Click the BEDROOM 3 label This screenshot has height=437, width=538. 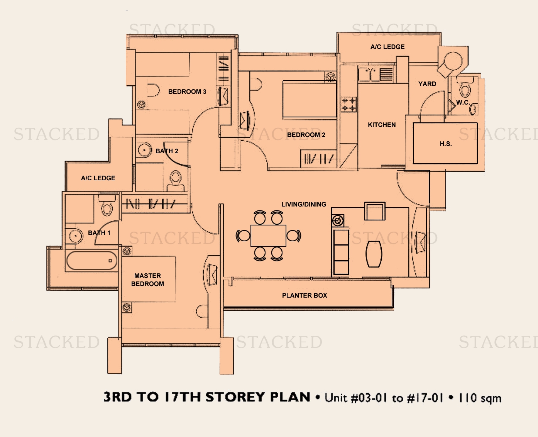click(187, 91)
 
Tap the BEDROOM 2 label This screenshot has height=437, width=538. click(306, 135)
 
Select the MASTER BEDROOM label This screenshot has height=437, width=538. click(147, 279)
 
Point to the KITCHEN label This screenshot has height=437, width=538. click(382, 125)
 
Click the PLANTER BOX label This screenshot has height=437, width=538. click(305, 295)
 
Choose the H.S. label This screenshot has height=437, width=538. click(445, 144)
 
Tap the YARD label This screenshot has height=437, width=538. click(427, 84)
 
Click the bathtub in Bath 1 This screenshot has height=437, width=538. click(92, 261)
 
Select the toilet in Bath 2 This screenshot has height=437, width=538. click(176, 181)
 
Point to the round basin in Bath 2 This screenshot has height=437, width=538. click(144, 150)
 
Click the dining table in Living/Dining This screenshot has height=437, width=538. click(268, 235)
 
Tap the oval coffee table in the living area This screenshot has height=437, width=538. click(374, 254)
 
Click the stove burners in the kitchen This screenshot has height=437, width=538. click(349, 104)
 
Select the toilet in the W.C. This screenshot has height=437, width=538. click(464, 88)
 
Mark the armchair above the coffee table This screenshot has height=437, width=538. click(375, 211)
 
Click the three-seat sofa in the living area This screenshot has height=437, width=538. click(341, 252)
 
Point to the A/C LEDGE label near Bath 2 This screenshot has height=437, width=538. click(98, 178)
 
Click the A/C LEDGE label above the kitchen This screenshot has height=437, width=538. click(387, 47)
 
